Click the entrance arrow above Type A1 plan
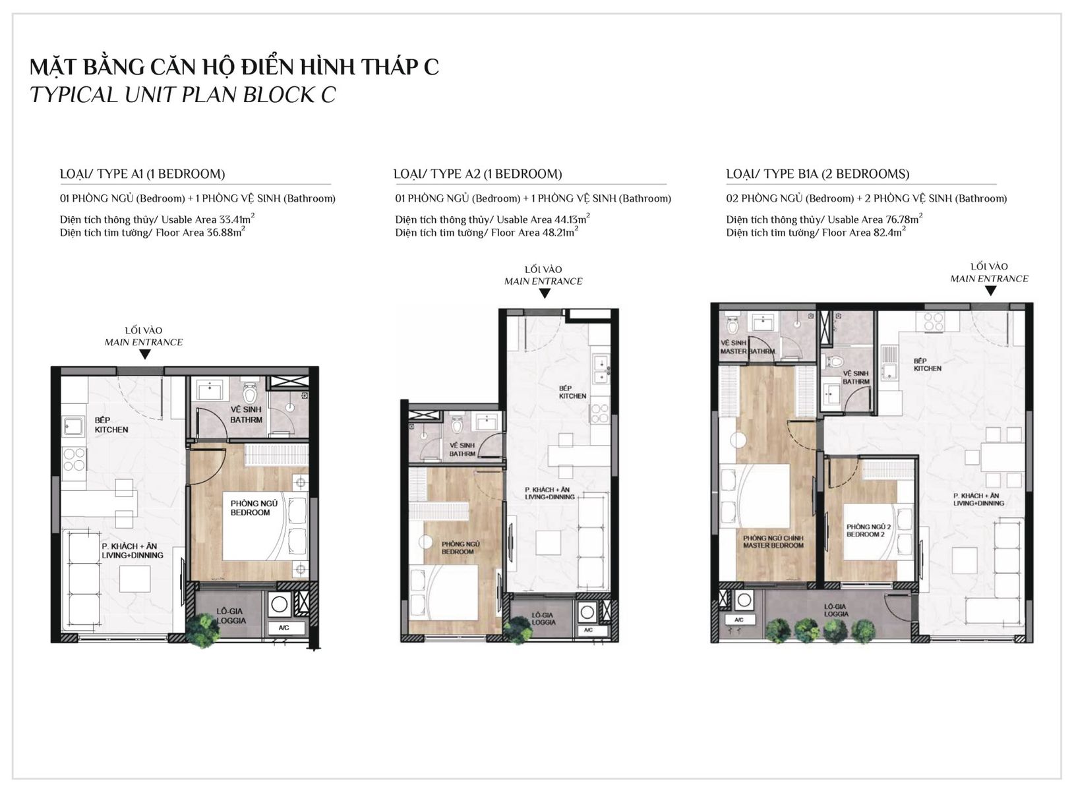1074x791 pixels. pos(144,354)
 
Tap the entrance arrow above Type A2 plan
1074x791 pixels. pos(544,293)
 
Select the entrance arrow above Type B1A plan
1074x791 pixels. pos(990,291)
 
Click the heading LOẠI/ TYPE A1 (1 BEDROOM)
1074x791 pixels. pos(142,173)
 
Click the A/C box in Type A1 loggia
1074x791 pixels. pos(284,628)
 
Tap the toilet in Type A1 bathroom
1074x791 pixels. pos(250,393)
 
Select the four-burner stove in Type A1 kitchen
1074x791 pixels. pos(74,459)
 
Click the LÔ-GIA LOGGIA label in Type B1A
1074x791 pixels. pos(836,610)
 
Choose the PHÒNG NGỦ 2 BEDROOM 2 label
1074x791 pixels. pos(868,530)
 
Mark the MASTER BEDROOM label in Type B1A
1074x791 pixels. pos(773,541)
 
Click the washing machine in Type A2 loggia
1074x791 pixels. pos(587,612)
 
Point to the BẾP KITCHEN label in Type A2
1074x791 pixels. pos(572,392)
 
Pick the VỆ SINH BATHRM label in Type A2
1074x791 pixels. pos(462,449)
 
